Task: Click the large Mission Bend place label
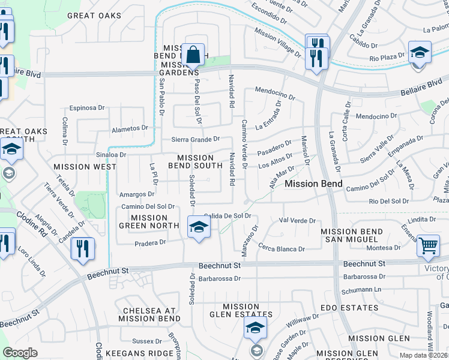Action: (313, 184)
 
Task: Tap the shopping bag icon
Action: (194, 56)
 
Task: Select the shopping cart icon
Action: (427, 246)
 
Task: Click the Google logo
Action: (20, 353)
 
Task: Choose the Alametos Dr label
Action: (130, 128)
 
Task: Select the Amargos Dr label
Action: (137, 194)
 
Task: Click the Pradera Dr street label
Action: (150, 242)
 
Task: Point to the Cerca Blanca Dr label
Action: (282, 248)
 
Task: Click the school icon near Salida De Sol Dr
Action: (199, 227)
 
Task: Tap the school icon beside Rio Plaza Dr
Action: (419, 52)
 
